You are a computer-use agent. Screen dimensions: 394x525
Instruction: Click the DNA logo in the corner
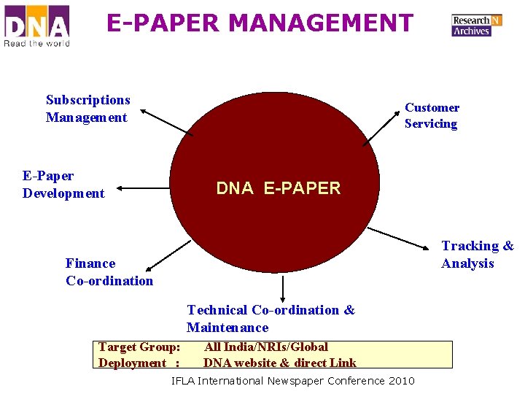pos(36,26)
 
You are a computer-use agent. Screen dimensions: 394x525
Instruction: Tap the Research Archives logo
pos(476,26)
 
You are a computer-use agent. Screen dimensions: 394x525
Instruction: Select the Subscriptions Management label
pos(87,109)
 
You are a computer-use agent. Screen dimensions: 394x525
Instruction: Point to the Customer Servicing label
pos(432,115)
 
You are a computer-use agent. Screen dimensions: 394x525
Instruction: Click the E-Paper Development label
pos(63,184)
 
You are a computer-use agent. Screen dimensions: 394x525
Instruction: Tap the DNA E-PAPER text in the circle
pos(279,188)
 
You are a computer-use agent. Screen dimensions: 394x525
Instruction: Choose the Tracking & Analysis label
pos(478,255)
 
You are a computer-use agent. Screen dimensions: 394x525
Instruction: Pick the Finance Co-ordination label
pos(109,271)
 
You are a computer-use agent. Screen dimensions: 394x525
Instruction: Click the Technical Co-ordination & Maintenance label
pos(271,319)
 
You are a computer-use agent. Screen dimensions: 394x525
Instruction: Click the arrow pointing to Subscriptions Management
pos(167,122)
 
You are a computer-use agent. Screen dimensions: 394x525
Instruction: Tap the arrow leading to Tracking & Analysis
pos(401,239)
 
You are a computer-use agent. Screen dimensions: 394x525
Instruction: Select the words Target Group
pos(139,347)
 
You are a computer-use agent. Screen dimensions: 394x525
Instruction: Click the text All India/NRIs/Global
pos(266,347)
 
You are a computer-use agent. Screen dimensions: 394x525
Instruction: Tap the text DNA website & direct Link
pos(280,363)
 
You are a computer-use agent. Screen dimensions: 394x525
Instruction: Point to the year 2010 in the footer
pos(402,381)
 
